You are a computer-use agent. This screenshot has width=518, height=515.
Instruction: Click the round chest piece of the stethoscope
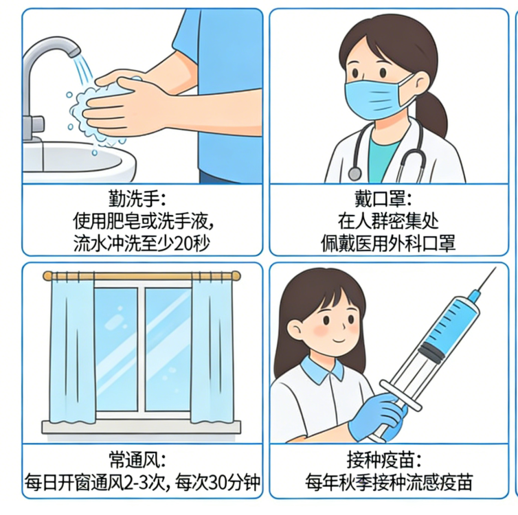(x=354, y=174)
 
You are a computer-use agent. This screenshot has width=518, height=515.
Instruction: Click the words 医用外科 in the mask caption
(x=388, y=244)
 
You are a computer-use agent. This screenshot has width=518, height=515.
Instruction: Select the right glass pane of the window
(x=168, y=350)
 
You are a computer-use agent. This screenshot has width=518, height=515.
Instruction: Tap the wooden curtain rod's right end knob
(x=236, y=276)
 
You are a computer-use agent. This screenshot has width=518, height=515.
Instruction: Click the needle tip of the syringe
(x=495, y=268)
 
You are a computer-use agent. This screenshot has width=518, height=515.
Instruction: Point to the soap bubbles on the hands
(x=95, y=109)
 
